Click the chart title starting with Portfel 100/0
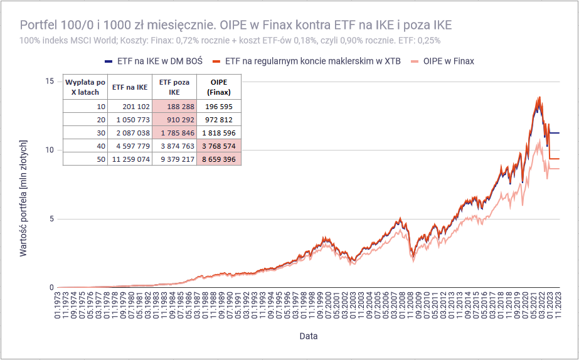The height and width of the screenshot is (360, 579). (x=236, y=25)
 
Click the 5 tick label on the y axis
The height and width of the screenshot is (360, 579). (x=51, y=219)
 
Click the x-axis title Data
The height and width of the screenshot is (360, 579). (x=308, y=336)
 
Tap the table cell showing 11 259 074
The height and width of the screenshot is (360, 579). (x=130, y=159)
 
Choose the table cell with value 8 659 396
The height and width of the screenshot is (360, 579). (x=218, y=159)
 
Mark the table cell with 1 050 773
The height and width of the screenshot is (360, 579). (x=130, y=120)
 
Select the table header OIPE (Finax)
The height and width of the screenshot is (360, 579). (x=218, y=87)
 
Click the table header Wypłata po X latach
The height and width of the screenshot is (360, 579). (x=85, y=87)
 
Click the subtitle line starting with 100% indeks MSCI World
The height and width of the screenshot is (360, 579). (x=230, y=40)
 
